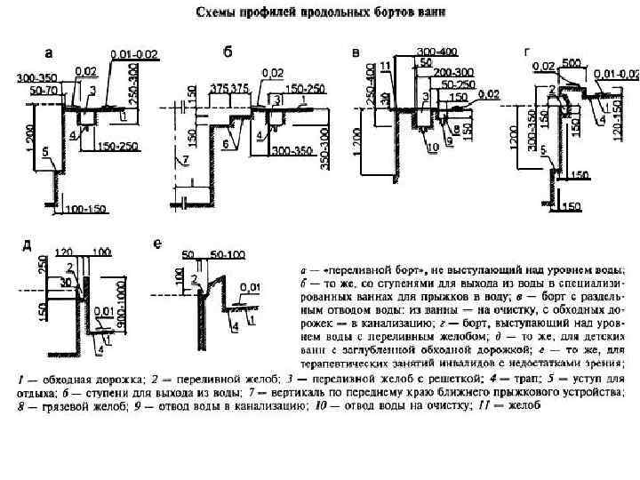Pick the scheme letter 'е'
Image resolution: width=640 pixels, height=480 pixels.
pos(157,244)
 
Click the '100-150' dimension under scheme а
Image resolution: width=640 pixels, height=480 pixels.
pos(85,210)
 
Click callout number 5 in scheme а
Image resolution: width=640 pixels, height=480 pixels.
pos(44,152)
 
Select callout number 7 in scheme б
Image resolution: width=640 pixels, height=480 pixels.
pos(186,161)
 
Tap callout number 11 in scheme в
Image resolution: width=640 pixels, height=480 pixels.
pos(384,66)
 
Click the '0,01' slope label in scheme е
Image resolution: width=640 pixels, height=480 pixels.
pos(254,286)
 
